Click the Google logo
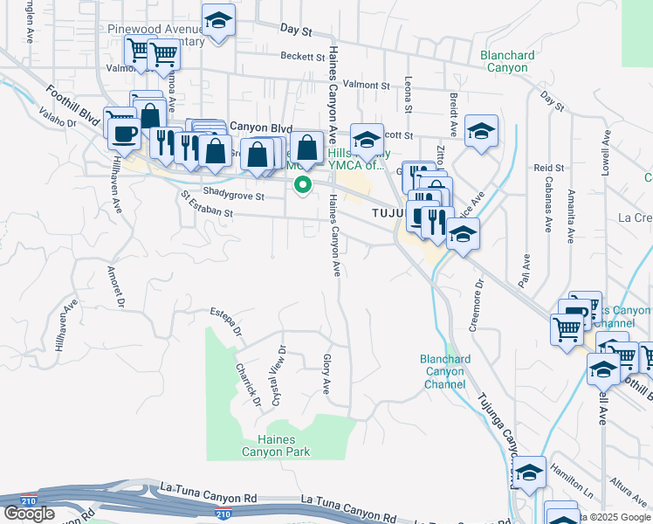(x=29, y=514)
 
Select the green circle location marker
(x=303, y=184)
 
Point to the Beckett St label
(x=303, y=57)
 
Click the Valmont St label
(x=366, y=85)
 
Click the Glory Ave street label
(x=326, y=374)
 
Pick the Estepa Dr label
(x=225, y=321)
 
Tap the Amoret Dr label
(x=113, y=286)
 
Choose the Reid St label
(x=548, y=167)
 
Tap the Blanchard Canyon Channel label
(x=445, y=371)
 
